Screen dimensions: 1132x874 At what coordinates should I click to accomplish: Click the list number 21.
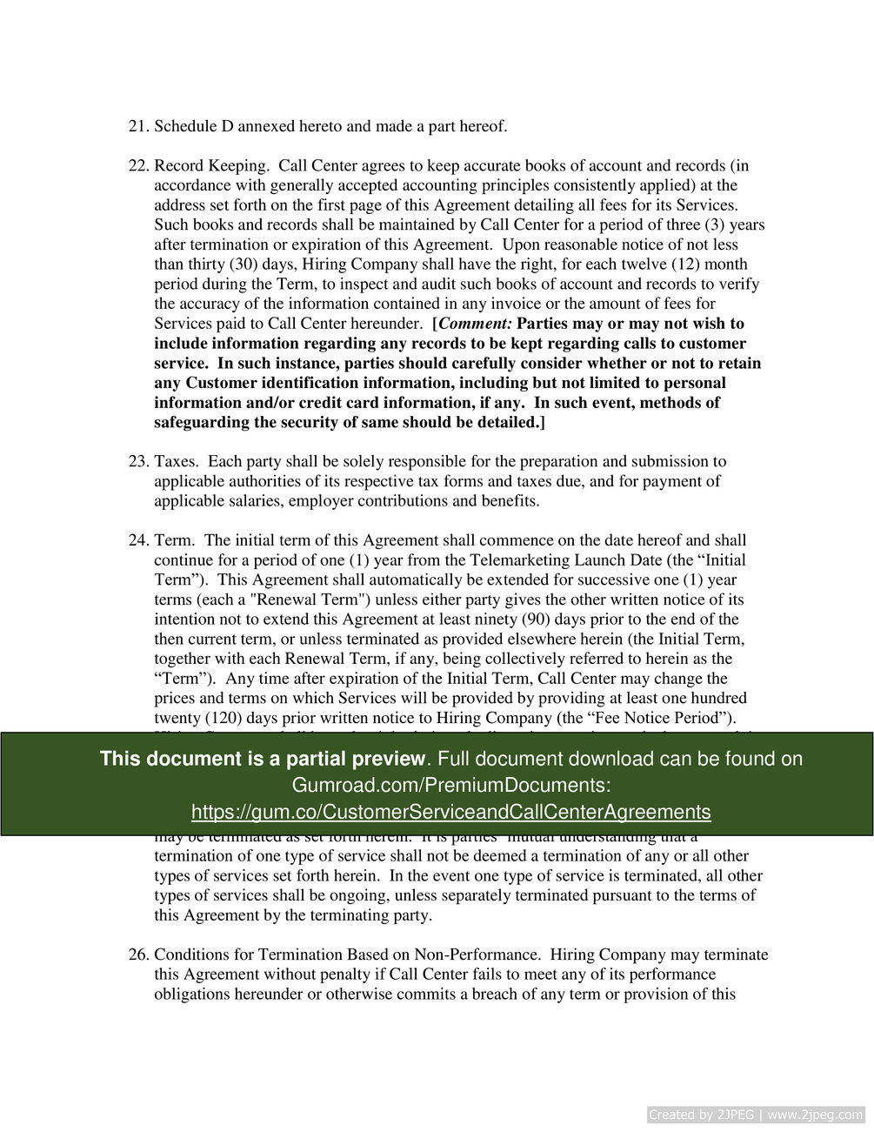pos(138,127)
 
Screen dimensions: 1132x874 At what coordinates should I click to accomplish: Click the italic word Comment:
pos(476,324)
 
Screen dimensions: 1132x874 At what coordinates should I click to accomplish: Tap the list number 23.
pos(138,462)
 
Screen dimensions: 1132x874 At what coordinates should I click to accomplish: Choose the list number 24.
pos(138,540)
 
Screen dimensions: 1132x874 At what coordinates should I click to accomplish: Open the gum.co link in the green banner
pos(450,813)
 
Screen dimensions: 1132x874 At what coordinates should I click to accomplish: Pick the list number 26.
pos(138,955)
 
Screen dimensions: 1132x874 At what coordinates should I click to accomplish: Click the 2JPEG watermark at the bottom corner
pos(756,1115)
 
